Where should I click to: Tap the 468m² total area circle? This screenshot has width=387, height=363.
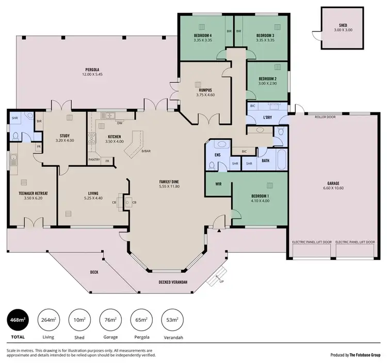[18, 320]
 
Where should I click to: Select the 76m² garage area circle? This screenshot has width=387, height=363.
[110, 320]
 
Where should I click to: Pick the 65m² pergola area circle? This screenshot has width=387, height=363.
[141, 320]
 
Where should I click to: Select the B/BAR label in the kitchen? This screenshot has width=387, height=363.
[147, 151]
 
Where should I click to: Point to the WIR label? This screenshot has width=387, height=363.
[218, 183]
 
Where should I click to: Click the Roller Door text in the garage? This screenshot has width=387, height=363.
[325, 117]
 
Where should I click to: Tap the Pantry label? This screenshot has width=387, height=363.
[94, 160]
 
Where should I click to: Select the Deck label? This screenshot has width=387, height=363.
[94, 272]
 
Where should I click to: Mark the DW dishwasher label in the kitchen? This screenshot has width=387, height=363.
[120, 123]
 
